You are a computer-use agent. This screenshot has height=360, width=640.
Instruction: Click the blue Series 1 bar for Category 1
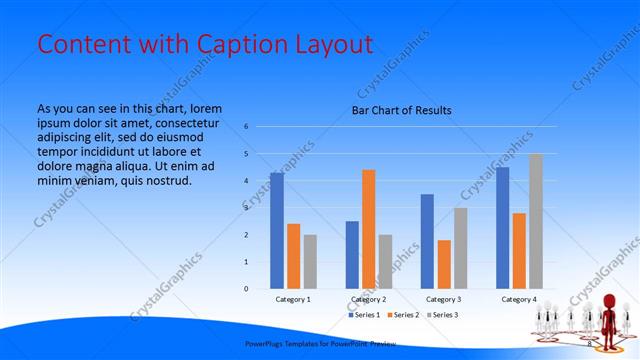coord(276,230)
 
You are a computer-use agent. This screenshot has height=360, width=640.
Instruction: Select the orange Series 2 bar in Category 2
coord(369,229)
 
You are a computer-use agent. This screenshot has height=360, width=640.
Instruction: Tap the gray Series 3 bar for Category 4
coord(536,221)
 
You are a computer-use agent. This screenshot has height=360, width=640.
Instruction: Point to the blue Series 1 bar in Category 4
coord(502,228)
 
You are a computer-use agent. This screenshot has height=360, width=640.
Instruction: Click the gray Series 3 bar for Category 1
coord(310,262)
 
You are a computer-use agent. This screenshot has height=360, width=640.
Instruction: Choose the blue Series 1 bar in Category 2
coord(352,255)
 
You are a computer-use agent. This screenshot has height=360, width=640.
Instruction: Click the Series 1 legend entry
coord(363,315)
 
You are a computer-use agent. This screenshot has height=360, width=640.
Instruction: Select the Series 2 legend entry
coord(403,315)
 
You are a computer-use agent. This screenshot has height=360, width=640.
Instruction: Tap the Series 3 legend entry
coord(443,315)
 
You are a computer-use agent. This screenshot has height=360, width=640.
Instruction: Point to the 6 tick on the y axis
coord(246,127)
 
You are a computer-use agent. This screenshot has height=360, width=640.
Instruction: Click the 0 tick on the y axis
coord(246,289)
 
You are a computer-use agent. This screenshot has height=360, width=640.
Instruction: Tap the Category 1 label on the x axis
coord(293,299)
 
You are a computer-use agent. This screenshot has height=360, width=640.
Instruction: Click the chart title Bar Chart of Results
coord(401,110)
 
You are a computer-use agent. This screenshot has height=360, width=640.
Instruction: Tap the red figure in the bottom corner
coord(606,315)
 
